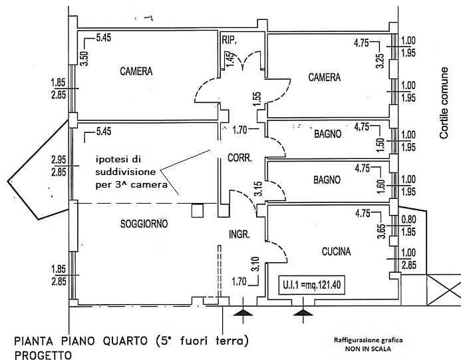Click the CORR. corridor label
click(238, 158)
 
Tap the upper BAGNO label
click(327, 134)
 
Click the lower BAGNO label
click(327, 180)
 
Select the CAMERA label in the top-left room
click(137, 71)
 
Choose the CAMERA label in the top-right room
click(324, 77)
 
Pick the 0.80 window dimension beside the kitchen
click(410, 218)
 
